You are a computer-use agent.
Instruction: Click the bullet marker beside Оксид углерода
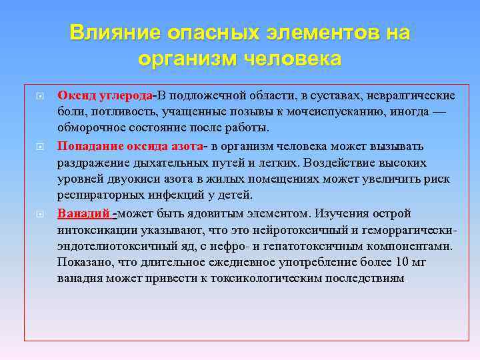(x=39, y=96)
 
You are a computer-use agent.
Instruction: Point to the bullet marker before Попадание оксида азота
(x=39, y=146)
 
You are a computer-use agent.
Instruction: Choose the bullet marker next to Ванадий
(x=39, y=214)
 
